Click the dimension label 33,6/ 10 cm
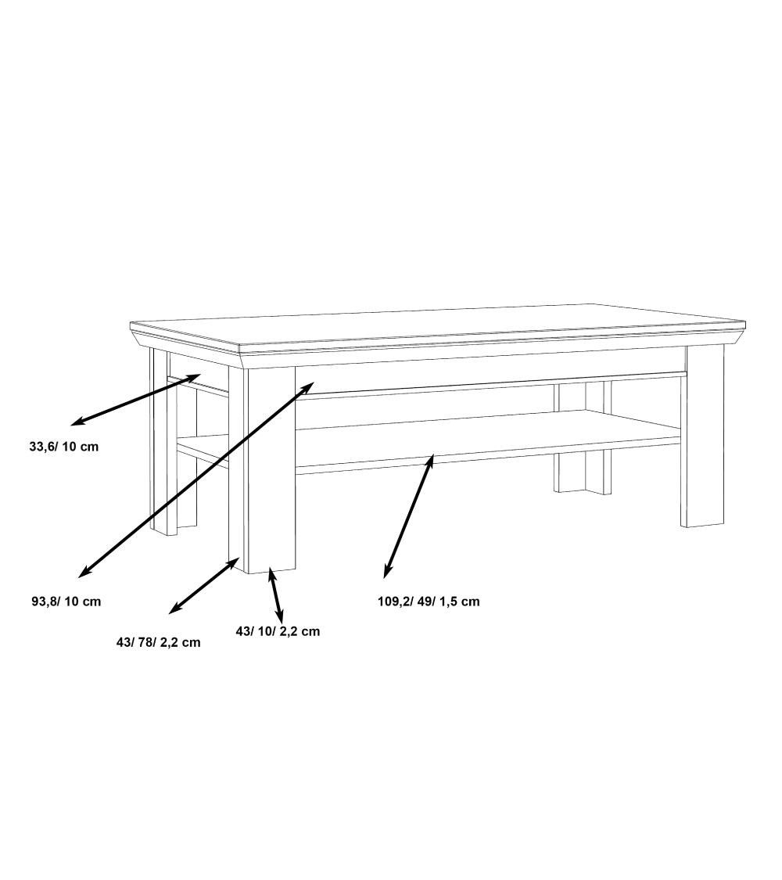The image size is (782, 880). [64, 447]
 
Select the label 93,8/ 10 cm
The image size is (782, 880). [66, 602]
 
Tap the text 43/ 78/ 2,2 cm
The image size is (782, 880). [158, 643]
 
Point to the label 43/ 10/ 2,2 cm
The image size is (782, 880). [278, 631]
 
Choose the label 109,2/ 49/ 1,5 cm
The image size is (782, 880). [429, 602]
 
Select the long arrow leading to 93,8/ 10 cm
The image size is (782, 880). [195, 480]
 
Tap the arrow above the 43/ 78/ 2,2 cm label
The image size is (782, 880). [205, 585]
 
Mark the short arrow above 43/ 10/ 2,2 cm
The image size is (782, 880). [275, 595]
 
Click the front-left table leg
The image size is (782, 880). [261, 470]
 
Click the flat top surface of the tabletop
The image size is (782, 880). [438, 329]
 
